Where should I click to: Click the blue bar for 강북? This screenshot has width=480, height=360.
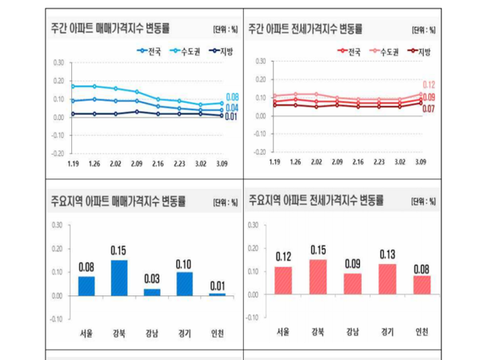118,278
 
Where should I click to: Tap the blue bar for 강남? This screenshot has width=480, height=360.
152,291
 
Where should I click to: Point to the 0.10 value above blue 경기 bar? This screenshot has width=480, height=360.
186,265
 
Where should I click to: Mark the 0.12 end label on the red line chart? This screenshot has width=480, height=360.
428,85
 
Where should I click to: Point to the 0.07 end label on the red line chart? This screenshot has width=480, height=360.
428,108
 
